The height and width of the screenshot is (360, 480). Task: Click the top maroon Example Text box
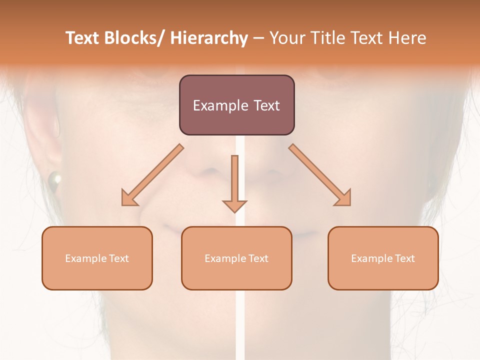click(x=236, y=105)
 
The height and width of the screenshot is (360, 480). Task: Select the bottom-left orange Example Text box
click(x=97, y=258)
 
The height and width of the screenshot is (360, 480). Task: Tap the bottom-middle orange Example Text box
click(x=236, y=258)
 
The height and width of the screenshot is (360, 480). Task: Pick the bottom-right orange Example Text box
click(x=383, y=258)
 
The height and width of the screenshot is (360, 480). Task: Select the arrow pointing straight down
click(x=235, y=183)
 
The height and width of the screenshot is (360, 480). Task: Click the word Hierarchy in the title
click(x=209, y=38)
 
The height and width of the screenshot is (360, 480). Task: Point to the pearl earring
click(x=53, y=179)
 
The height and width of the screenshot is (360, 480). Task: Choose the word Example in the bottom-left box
click(x=85, y=258)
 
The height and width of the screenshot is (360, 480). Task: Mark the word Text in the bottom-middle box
click(x=258, y=258)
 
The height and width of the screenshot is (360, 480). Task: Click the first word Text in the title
click(x=83, y=38)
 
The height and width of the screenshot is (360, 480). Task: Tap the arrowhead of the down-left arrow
click(x=128, y=198)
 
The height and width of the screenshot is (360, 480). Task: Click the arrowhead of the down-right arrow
click(x=343, y=198)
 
